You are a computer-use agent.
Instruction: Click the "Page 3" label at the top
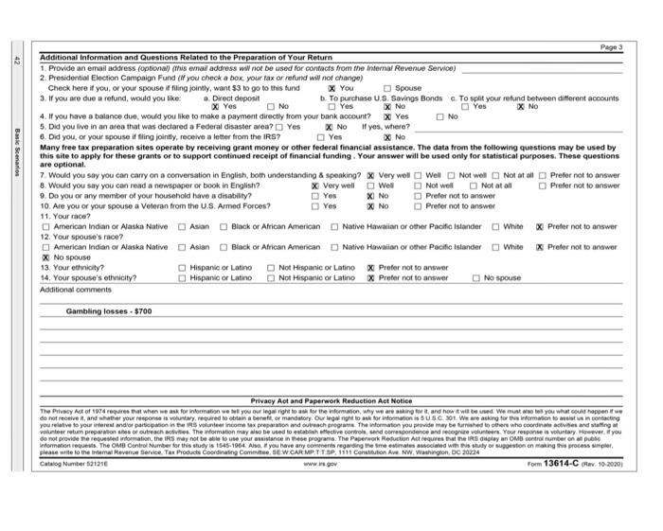coord(612,46)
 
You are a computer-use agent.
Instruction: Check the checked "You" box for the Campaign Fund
coord(331,88)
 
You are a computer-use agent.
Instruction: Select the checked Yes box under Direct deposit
coord(216,106)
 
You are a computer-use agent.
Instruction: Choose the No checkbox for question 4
coord(439,115)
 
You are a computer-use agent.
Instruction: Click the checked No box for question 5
coord(329,125)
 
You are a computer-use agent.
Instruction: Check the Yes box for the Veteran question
coord(315,205)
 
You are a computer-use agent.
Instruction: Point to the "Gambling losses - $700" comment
coord(108,310)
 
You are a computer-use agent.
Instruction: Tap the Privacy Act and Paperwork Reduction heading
coord(331,400)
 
